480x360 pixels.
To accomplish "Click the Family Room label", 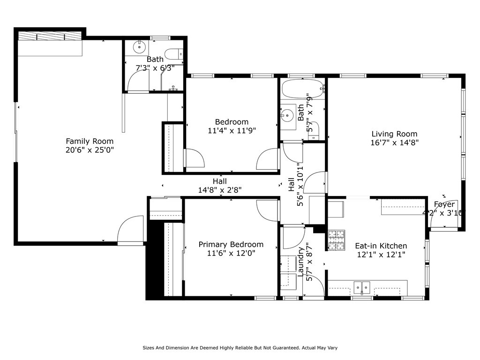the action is (x=90, y=141).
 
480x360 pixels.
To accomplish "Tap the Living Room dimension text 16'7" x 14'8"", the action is (x=394, y=142).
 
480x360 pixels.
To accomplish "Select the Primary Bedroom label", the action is (x=231, y=244).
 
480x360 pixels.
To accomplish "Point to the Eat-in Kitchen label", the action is (x=381, y=246).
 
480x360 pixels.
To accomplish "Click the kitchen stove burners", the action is (x=337, y=240).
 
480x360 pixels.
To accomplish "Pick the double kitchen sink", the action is (x=362, y=287).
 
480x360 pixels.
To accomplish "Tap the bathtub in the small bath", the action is (x=302, y=89).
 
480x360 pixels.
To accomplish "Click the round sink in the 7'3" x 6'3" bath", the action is (x=139, y=47).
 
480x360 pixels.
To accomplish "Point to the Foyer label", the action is (x=444, y=204).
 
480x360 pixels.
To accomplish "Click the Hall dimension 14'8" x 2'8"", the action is (x=220, y=190).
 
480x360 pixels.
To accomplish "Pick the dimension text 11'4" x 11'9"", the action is (x=232, y=131).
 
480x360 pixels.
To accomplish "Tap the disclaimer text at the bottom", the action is (x=240, y=348).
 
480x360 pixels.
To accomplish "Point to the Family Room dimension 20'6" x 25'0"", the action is (x=90, y=150).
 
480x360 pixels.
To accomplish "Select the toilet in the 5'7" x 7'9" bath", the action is (x=314, y=130).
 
